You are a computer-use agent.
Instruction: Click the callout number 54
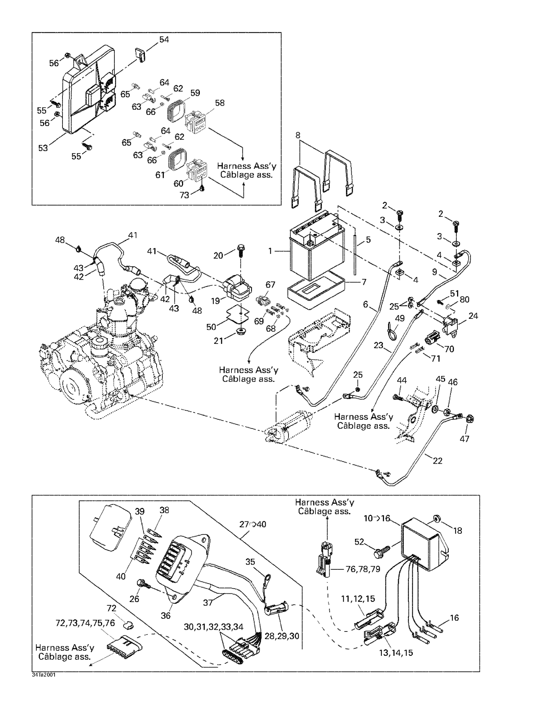click(164, 40)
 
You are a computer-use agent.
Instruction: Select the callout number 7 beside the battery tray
click(364, 282)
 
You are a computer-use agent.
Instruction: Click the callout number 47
click(464, 439)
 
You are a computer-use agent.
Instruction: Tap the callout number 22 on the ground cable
click(437, 460)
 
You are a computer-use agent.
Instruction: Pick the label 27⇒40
click(253, 524)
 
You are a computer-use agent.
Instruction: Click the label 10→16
click(376, 519)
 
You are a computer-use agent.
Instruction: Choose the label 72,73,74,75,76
click(85, 623)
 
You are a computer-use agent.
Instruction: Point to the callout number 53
click(43, 148)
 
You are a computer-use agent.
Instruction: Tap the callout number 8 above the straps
click(298, 135)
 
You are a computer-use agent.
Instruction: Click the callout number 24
click(473, 316)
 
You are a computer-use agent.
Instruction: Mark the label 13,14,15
click(396, 653)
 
